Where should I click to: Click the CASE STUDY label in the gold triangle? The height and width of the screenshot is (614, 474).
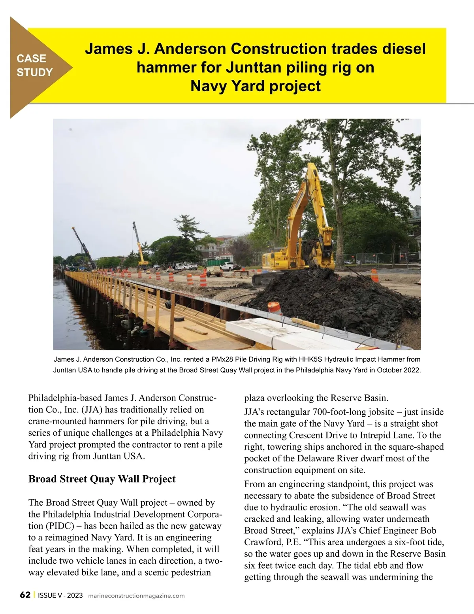point(34,65)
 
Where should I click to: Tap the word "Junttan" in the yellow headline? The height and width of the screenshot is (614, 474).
point(250,68)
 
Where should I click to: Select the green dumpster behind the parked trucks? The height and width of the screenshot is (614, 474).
point(217,262)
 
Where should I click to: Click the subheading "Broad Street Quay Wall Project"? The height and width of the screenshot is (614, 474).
point(102,479)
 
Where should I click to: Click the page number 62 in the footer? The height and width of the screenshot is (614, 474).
point(25,595)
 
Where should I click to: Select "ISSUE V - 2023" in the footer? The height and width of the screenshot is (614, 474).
point(60,595)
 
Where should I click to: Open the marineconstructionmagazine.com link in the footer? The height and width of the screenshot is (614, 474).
point(136,596)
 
